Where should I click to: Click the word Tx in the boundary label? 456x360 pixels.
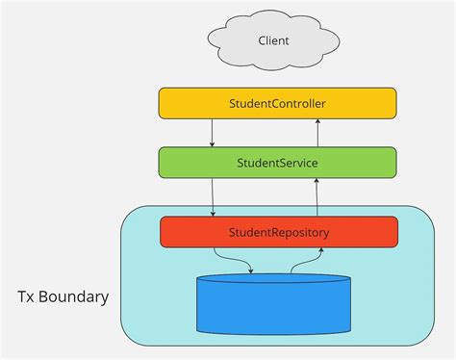30,296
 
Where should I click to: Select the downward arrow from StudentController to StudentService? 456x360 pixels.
212,133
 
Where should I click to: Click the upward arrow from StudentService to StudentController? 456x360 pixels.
318,133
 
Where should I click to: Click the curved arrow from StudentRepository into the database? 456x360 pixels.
231,260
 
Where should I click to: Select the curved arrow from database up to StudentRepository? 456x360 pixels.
306,260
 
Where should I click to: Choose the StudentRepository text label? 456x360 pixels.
279,232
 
